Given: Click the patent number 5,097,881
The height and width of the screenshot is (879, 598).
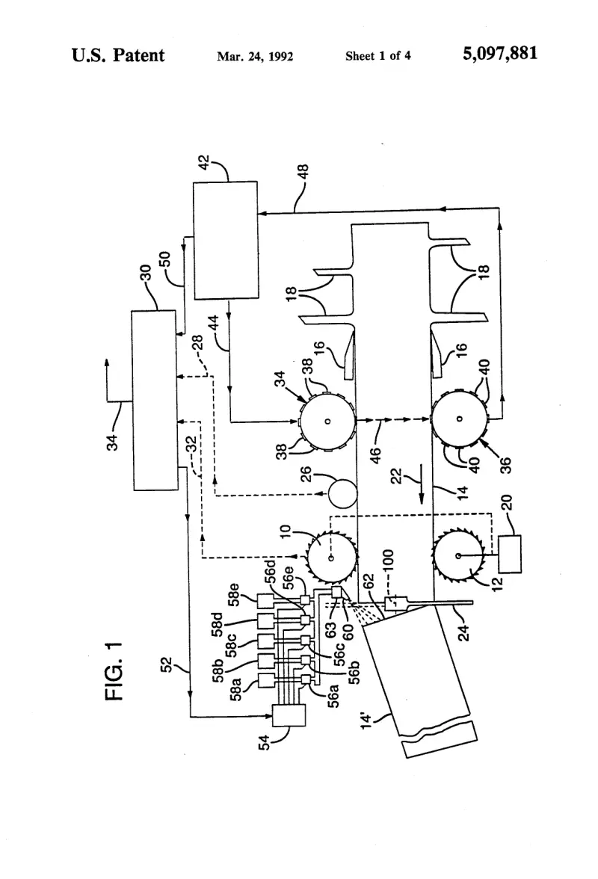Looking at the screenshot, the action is click(500, 55).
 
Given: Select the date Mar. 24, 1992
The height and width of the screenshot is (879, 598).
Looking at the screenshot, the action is click(255, 56).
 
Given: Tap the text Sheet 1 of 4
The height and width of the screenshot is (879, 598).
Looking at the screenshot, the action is click(377, 55).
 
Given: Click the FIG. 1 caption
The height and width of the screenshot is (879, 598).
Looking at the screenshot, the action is click(114, 671).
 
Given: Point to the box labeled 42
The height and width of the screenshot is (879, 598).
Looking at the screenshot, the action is click(225, 241).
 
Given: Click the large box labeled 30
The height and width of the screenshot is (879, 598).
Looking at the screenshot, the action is click(155, 401).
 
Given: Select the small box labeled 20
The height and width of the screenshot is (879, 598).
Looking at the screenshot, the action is click(510, 554).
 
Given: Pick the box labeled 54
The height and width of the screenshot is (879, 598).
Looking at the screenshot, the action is click(289, 716).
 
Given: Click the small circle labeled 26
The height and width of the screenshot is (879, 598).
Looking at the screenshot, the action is click(342, 493).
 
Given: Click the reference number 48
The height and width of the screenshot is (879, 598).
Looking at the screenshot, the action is click(302, 172).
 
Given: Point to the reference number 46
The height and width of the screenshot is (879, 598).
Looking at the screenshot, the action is click(375, 454).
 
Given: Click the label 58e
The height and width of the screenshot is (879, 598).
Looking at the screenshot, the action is click(234, 595).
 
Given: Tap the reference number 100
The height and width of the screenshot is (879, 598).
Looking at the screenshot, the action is click(389, 561).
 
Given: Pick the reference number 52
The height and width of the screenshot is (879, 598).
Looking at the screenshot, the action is click(167, 665).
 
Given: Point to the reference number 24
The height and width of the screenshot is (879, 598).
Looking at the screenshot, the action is click(463, 633).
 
